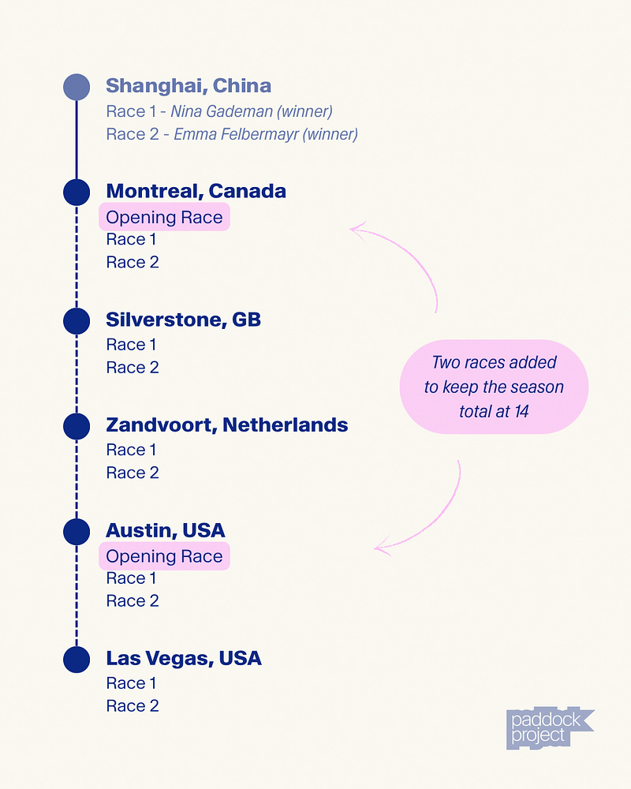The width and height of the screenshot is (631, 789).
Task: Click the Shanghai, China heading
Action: pyautogui.click(x=189, y=86)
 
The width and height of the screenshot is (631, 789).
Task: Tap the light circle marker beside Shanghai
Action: pyautogui.click(x=77, y=86)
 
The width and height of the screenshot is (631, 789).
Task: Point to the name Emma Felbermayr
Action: pyautogui.click(x=235, y=134)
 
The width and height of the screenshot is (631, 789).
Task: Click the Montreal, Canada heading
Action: pyautogui.click(x=196, y=191)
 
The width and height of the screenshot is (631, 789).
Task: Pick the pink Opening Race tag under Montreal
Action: pyautogui.click(x=164, y=218)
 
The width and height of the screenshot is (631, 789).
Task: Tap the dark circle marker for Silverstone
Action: pyautogui.click(x=77, y=320)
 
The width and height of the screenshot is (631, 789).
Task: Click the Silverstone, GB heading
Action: pyautogui.click(x=183, y=320)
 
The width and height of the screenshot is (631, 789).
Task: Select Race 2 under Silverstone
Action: pyautogui.click(x=133, y=368)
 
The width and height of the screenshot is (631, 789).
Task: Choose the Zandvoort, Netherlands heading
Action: pyautogui.click(x=226, y=425)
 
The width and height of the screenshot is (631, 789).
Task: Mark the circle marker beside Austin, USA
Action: pyautogui.click(x=77, y=530)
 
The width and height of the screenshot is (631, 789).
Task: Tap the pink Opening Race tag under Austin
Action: pyautogui.click(x=164, y=556)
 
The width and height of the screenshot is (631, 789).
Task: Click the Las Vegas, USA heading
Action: pyautogui.click(x=183, y=658)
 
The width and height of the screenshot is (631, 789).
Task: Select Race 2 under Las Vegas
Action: pyautogui.click(x=133, y=706)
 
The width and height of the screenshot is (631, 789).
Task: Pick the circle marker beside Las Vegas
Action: pyautogui.click(x=77, y=659)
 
